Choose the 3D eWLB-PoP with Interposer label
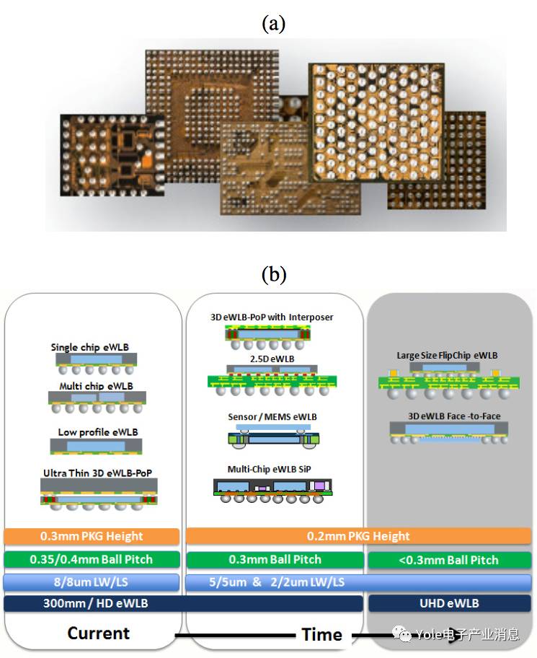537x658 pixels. [272, 317]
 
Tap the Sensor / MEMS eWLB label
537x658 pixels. [272, 417]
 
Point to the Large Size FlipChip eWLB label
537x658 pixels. [447, 356]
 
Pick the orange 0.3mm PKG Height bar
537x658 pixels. [91, 537]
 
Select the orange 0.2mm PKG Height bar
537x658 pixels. [358, 537]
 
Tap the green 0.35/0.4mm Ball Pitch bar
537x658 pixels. [91, 559]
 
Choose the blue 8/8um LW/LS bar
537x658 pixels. [91, 582]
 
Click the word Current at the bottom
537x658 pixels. [99, 633]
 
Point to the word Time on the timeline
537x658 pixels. [321, 635]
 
